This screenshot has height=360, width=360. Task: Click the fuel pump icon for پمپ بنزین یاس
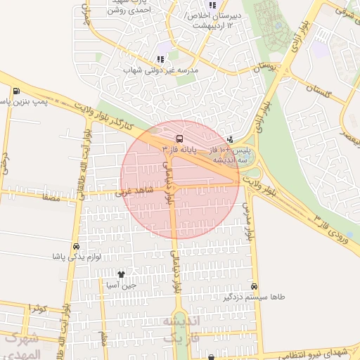[15, 91]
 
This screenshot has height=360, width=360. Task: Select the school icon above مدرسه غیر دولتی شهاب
[160, 60]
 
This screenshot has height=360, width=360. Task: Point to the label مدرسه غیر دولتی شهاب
[162, 70]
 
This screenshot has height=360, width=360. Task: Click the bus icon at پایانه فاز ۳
[179, 139]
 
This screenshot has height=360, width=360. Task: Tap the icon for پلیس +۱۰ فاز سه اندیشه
[231, 139]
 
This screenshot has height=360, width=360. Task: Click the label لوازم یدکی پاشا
[76, 257]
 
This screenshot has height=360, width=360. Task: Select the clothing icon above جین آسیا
[120, 274]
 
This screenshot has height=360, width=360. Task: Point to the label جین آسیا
[120, 285]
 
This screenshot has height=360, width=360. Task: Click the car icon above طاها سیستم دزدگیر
[254, 286]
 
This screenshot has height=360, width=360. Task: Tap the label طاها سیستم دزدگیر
[254, 297]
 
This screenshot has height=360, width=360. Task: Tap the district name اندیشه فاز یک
[181, 329]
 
